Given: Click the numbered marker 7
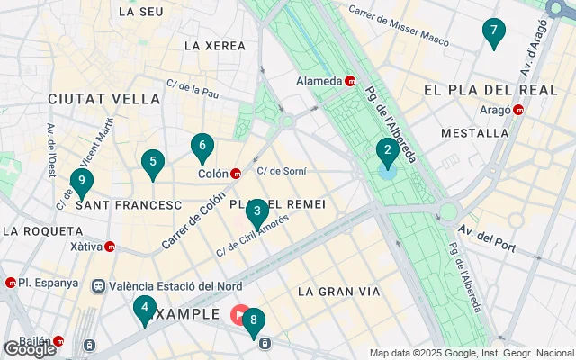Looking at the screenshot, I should [x=492, y=32].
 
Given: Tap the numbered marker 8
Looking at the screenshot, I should [x=255, y=320].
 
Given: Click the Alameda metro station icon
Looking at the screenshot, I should [x=350, y=81].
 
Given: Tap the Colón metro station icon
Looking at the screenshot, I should [x=236, y=175].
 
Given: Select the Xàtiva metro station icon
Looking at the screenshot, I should [x=110, y=247].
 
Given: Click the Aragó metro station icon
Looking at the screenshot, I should [x=519, y=110].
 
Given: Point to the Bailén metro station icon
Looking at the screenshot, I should [x=58, y=341].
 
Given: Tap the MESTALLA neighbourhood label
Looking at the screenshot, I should [x=474, y=133].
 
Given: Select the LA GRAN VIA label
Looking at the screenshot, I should [x=338, y=292].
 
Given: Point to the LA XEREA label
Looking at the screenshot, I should [x=214, y=45].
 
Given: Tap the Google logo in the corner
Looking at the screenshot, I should [x=30, y=349].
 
